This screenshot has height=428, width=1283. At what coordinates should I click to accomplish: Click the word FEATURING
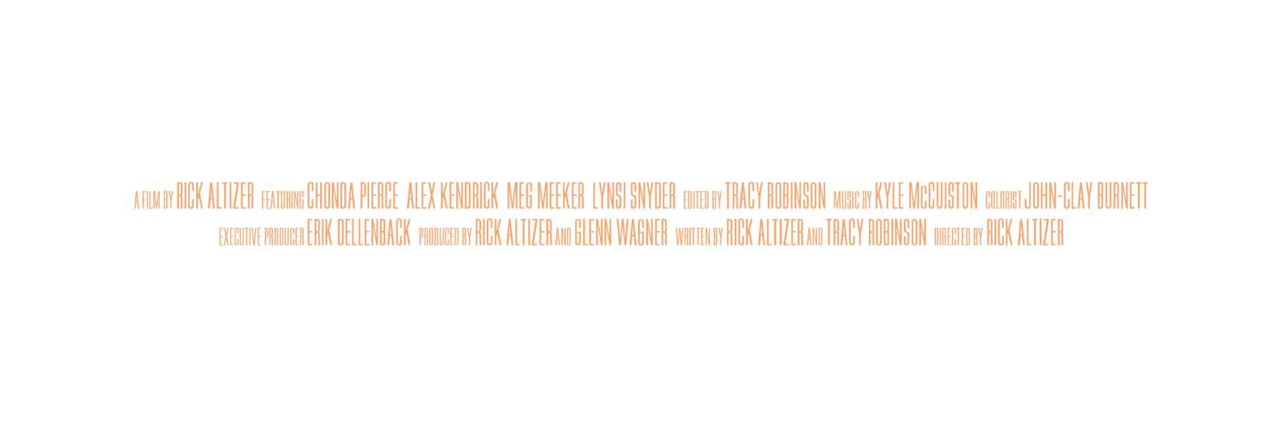pyautogui.click(x=283, y=200)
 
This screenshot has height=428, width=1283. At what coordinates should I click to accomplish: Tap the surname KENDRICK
pyautogui.click(x=469, y=196)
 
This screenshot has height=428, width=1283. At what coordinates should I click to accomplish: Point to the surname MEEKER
pyautogui.click(x=560, y=196)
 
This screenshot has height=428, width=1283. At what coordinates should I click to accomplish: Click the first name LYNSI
pyautogui.click(x=609, y=196)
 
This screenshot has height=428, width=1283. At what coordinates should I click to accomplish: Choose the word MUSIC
pyautogui.click(x=847, y=200)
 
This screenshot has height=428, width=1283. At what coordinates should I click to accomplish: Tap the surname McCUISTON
pyautogui.click(x=943, y=196)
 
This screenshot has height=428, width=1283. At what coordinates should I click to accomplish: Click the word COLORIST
pyautogui.click(x=1004, y=200)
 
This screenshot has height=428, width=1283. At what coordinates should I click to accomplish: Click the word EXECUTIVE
pyautogui.click(x=240, y=238)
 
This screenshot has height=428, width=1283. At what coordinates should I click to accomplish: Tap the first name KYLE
pyautogui.click(x=890, y=196)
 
